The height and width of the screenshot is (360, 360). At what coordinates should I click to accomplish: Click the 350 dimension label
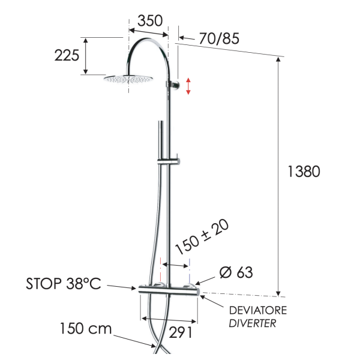point(150,20)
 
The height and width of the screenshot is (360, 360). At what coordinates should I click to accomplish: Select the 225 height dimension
point(67,56)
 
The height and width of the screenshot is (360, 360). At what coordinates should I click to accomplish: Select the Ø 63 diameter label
point(236,272)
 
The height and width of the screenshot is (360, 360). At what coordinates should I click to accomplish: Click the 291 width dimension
point(180,332)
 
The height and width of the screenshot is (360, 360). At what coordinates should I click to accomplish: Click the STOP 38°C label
point(64,283)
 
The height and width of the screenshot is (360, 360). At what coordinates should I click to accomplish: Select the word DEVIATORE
point(259,310)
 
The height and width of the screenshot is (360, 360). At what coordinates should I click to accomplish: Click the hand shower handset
point(161,138)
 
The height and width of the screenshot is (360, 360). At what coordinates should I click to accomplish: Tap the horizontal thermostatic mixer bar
point(169,291)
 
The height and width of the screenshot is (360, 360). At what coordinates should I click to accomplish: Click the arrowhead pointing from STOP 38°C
point(134,288)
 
